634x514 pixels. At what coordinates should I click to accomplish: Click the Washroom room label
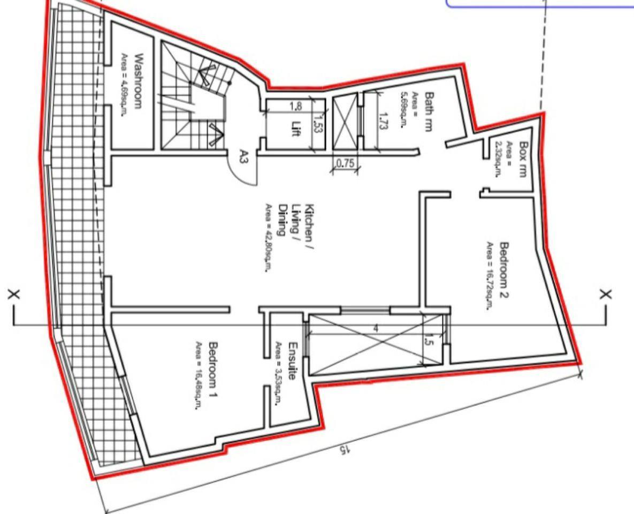pos(139,81)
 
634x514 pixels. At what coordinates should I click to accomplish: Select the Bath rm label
pos(430,112)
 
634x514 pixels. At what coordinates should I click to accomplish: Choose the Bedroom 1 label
pos(213,370)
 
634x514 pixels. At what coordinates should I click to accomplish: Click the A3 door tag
pos(244,156)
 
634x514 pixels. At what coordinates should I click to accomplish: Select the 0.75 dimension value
pos(345,163)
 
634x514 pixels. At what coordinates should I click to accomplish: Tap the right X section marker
pos(605,294)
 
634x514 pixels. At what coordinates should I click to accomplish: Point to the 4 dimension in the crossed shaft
pos(376,328)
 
